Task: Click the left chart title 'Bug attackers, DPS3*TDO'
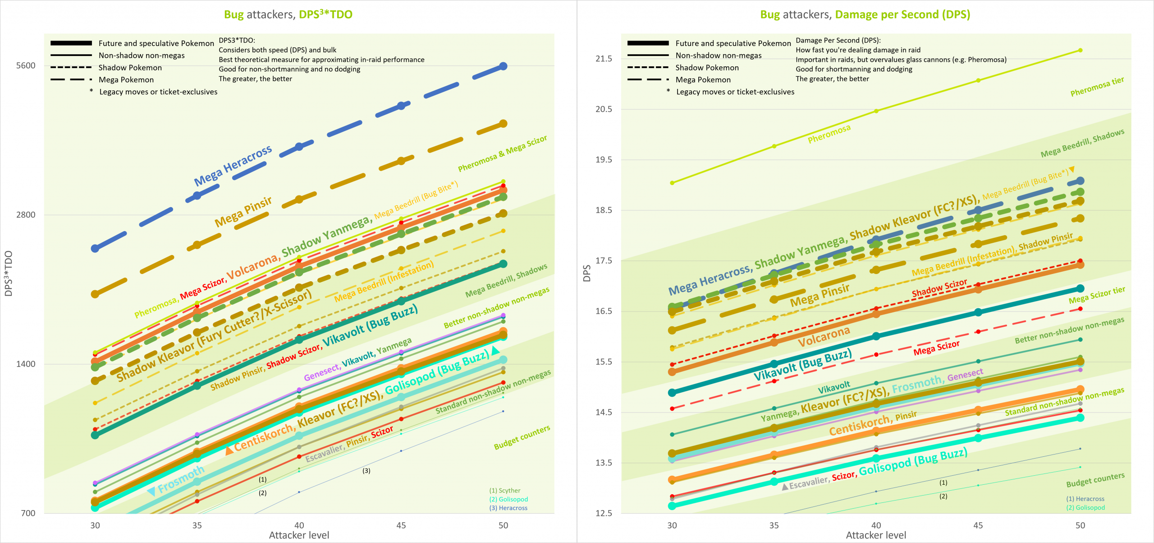click(288, 14)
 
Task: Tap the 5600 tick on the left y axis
click(26, 65)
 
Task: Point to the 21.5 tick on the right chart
click(604, 59)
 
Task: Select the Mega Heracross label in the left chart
click(233, 166)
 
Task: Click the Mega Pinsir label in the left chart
click(243, 212)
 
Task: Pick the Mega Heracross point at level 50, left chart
click(504, 66)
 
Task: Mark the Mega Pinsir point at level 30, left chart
click(95, 294)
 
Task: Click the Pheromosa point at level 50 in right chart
click(1080, 50)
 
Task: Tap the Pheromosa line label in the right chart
click(829, 134)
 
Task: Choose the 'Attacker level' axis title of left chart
click(299, 535)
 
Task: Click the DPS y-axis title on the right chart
click(587, 274)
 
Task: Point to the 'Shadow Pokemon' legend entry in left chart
click(130, 68)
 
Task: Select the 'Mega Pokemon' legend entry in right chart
click(703, 80)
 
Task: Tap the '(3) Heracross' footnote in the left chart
click(508, 508)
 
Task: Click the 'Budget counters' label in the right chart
click(1095, 480)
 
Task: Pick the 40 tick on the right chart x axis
click(876, 525)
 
